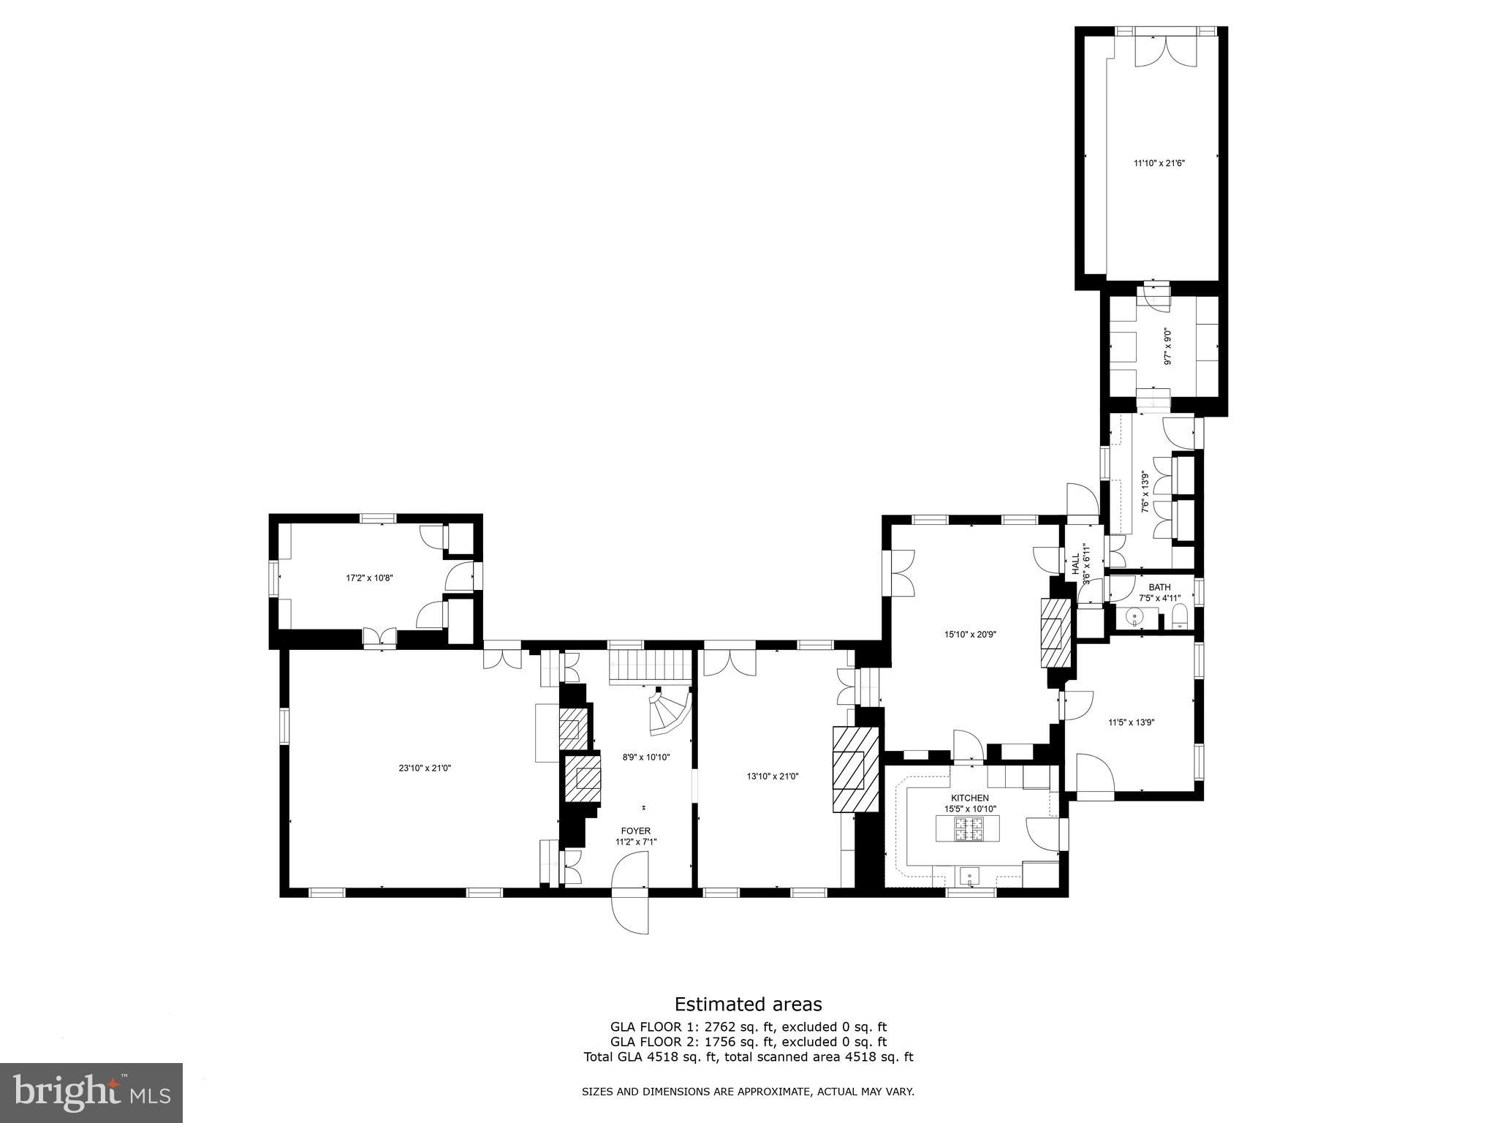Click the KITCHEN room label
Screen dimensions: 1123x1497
click(x=969, y=798)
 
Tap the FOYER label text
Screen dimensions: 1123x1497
click(x=635, y=831)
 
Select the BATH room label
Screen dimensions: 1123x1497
click(x=1159, y=587)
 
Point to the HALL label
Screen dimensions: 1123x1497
click(x=1075, y=565)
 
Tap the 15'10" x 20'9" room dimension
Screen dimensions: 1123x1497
click(x=970, y=635)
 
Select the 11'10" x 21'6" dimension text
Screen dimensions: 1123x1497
click(x=1159, y=163)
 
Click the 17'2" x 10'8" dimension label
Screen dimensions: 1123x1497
click(x=369, y=578)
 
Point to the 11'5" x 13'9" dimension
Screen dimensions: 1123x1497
click(x=1131, y=722)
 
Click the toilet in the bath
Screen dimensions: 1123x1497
click(x=1178, y=617)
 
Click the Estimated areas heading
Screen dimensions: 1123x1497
click(x=748, y=1004)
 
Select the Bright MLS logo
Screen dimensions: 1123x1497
click(x=91, y=1092)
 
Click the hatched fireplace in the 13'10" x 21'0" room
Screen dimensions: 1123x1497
click(x=856, y=769)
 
